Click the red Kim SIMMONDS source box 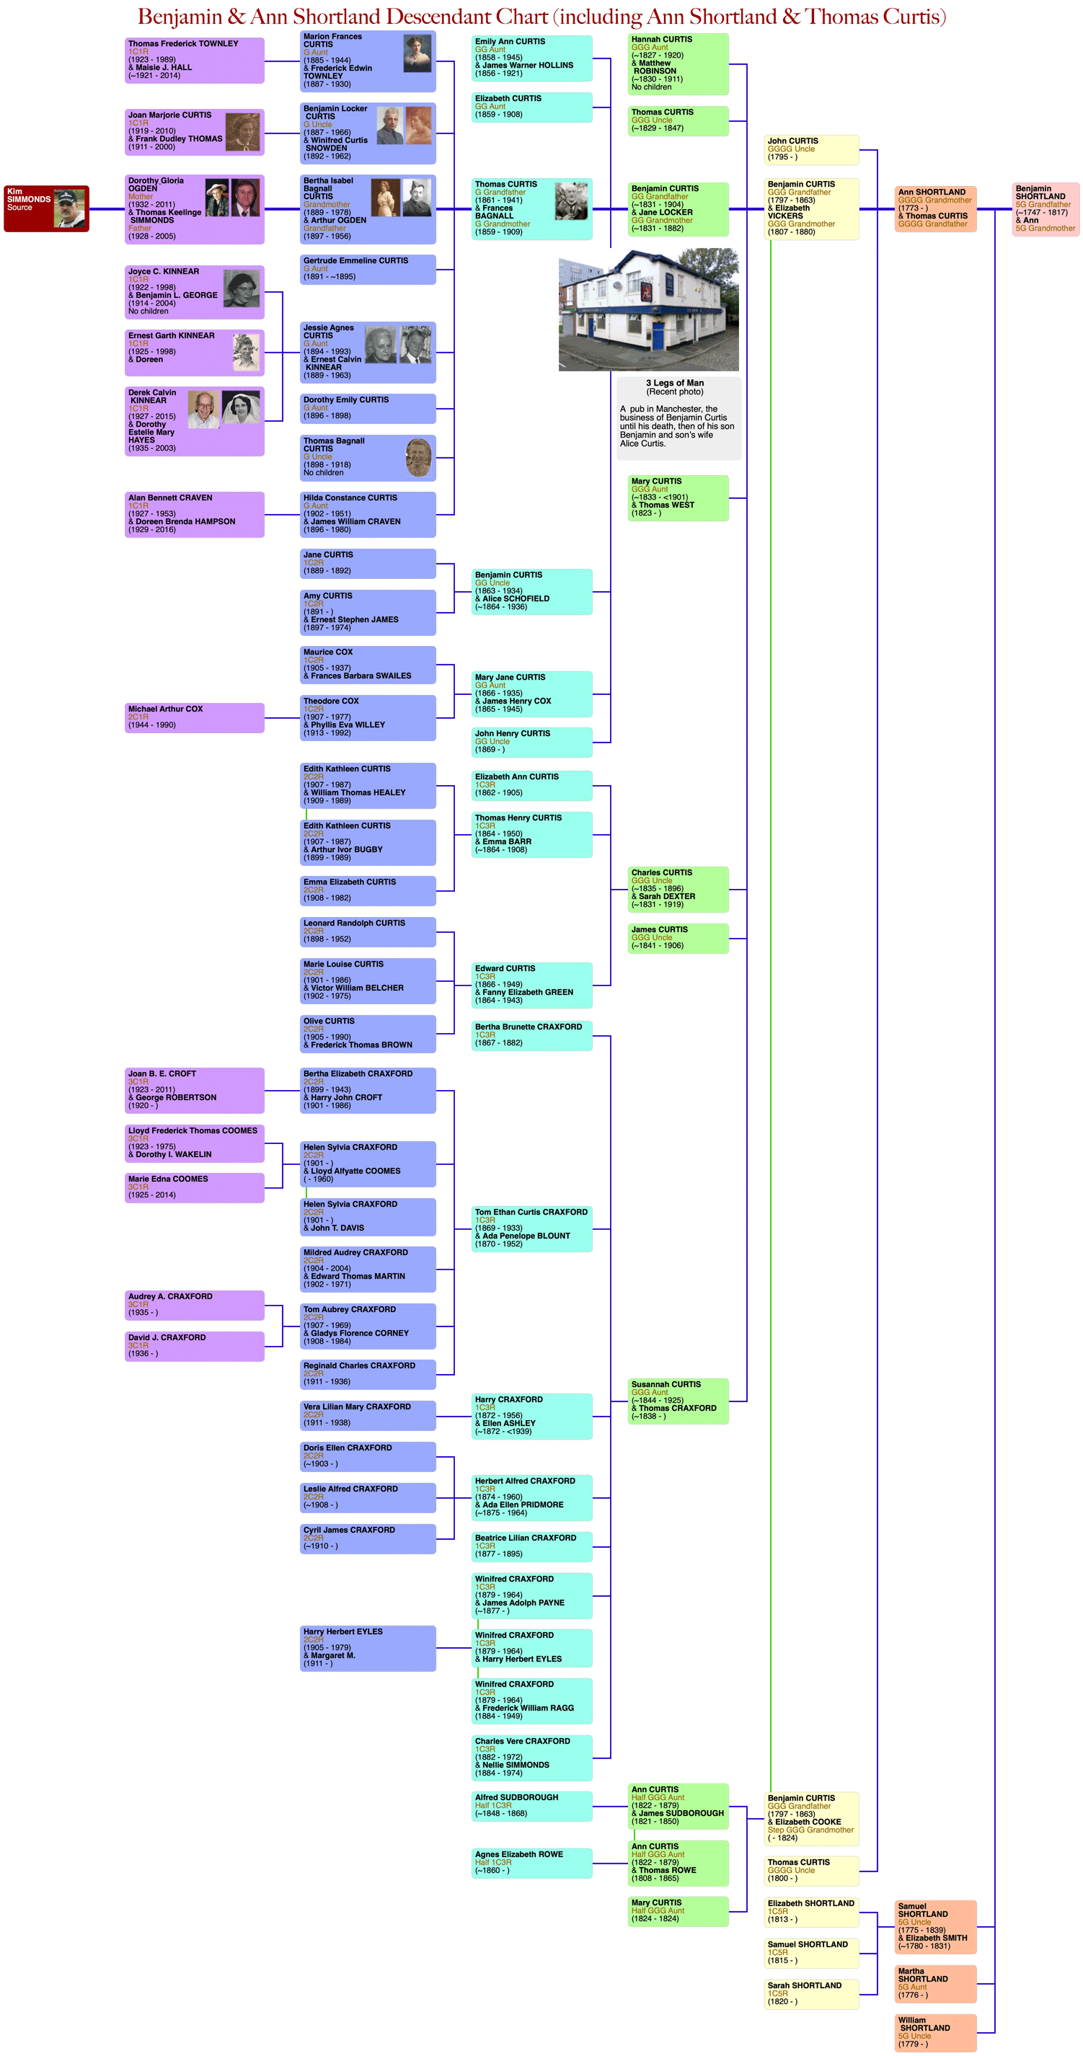pos(45,208)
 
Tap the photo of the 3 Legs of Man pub pos(648,311)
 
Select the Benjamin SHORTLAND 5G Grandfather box pos(1046,209)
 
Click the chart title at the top pos(541,17)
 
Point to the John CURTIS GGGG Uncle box pos(811,149)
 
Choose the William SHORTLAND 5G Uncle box pos(935,2032)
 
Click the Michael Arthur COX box pos(194,717)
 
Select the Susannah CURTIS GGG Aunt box pos(678,1401)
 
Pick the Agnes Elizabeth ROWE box pos(531,1862)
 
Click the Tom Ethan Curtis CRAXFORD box pos(531,1228)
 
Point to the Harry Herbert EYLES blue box pos(368,1647)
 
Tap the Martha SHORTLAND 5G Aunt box pos(935,1983)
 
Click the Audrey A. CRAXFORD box pos(194,1304)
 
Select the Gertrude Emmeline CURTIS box pos(368,269)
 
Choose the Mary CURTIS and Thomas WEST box pos(678,497)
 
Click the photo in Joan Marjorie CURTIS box pos(242,132)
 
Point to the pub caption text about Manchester pos(678,426)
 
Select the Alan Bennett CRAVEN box pos(194,514)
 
